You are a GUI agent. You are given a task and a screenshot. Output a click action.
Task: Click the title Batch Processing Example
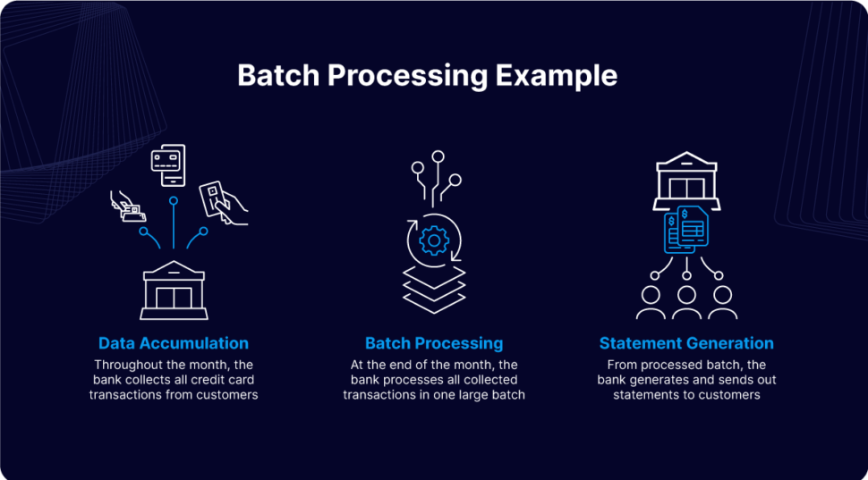pos(427,75)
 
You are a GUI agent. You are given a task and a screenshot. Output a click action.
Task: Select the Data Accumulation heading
pos(174,343)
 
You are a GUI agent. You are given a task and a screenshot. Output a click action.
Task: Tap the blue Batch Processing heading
pos(434,343)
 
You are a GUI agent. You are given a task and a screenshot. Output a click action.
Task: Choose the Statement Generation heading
pos(686,343)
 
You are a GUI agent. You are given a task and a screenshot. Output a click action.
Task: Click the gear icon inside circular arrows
pos(434,240)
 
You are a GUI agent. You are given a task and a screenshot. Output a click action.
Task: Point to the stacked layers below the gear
pos(434,287)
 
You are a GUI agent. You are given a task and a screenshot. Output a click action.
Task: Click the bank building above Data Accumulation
pos(174,291)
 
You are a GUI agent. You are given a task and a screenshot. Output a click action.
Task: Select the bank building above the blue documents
pos(687,181)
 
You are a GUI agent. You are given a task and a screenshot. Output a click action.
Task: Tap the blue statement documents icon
pos(687,229)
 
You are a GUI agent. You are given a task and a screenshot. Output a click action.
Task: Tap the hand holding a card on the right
pos(221,203)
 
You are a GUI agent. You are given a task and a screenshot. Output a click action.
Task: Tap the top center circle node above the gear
pos(438,157)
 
